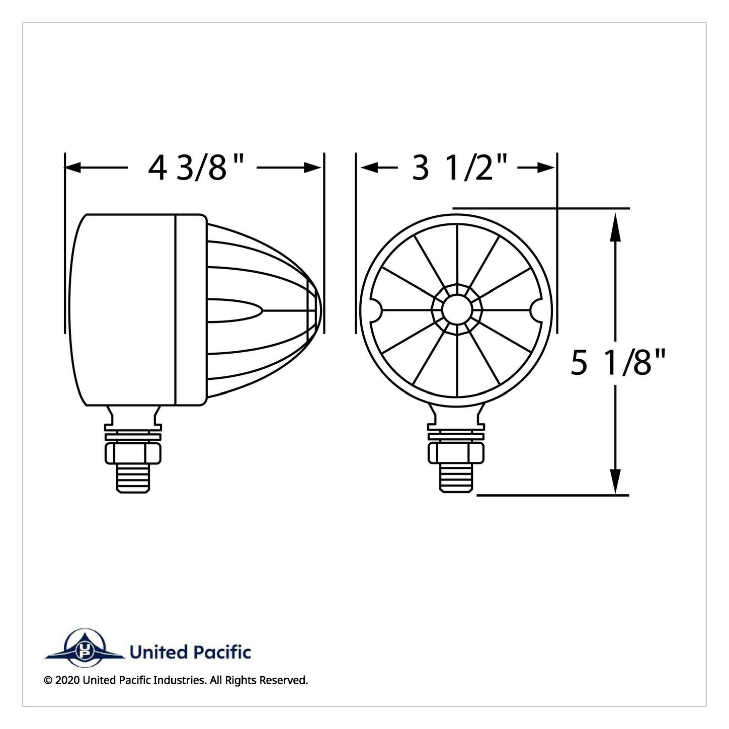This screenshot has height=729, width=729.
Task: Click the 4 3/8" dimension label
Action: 196,169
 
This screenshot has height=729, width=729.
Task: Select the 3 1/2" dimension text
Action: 459,168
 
